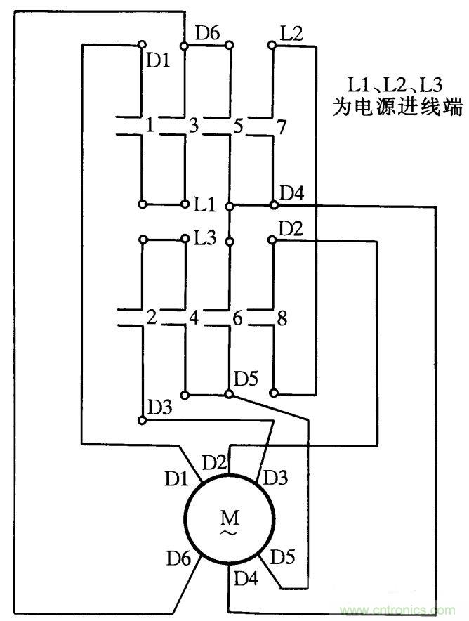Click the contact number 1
(x=149, y=126)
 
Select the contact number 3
(x=193, y=126)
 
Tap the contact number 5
(x=238, y=127)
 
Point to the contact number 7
(x=282, y=127)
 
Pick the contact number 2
(x=150, y=318)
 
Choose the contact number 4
(x=194, y=318)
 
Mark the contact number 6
(x=238, y=318)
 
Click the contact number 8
(x=282, y=318)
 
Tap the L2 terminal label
(x=291, y=34)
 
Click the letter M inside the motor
(x=229, y=518)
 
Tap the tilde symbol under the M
(x=229, y=534)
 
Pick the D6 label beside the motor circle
(x=178, y=558)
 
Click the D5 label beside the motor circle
(x=282, y=558)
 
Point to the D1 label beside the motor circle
(x=177, y=479)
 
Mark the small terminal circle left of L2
(x=272, y=46)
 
